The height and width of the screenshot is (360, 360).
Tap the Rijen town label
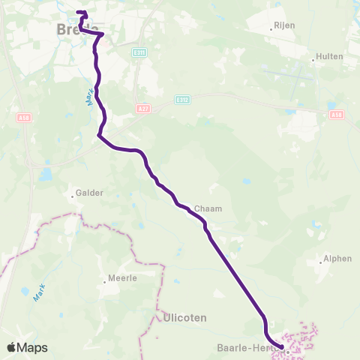tap(285, 25)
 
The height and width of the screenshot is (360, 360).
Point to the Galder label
tap(89, 193)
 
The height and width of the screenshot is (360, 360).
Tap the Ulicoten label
tap(183, 317)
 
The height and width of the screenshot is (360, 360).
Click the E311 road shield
tap(137, 52)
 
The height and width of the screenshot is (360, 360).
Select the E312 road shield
tap(181, 99)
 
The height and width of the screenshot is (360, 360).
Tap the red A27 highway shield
tap(143, 109)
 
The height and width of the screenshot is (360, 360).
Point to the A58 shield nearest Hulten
tap(336, 114)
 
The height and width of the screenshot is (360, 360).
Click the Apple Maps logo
tap(27, 347)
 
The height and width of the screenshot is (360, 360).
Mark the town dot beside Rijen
tap(271, 30)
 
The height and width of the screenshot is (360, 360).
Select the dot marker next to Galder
tap(73, 196)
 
